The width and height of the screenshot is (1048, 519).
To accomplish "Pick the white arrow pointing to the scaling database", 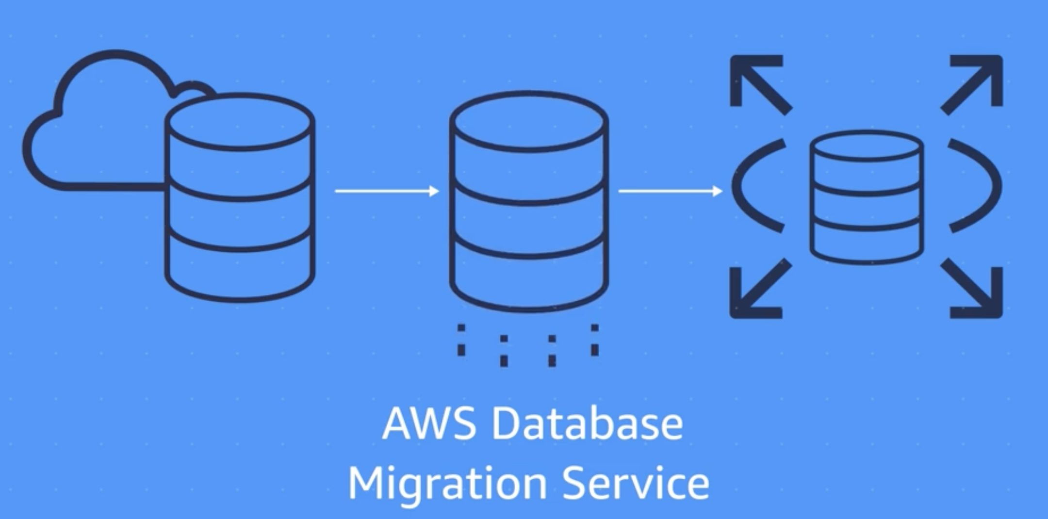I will tap(670, 191).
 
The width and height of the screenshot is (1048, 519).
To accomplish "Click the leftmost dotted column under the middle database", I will tap(461, 340).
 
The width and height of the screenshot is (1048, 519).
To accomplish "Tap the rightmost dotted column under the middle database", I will tap(594, 340).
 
